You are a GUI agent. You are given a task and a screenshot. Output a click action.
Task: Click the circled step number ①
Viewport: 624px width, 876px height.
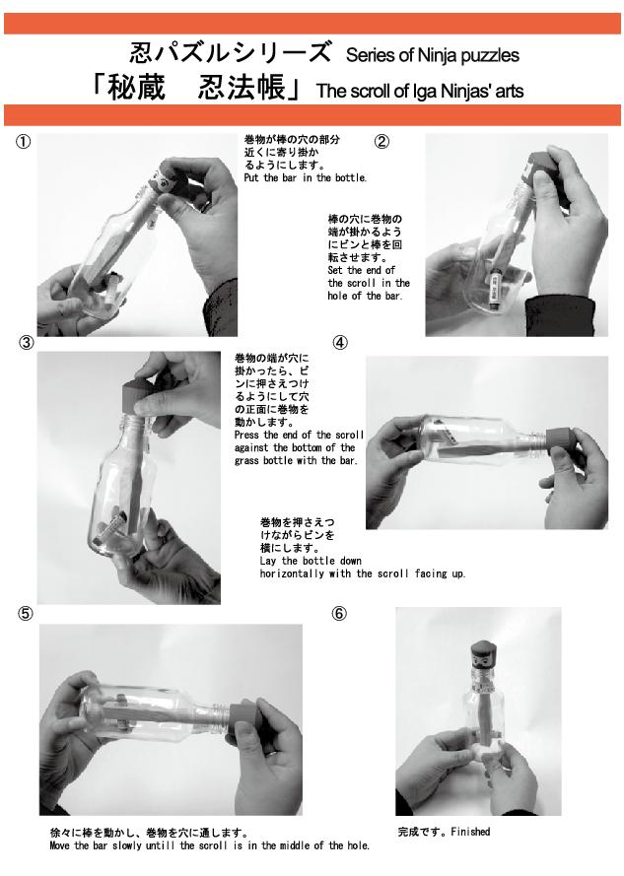click(23, 142)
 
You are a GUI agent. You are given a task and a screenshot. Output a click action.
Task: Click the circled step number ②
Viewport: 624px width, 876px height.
click(381, 142)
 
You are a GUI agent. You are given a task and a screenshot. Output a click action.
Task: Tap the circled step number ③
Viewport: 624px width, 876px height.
click(27, 343)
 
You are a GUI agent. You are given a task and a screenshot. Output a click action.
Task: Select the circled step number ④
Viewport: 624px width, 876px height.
click(340, 343)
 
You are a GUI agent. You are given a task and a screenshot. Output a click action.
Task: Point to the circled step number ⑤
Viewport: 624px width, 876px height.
click(26, 614)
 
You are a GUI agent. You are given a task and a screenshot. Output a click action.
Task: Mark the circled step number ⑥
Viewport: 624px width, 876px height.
click(339, 614)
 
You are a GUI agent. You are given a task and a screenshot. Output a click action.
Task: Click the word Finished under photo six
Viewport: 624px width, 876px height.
click(470, 832)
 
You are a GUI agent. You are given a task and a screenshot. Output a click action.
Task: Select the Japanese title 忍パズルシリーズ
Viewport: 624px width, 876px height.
click(231, 52)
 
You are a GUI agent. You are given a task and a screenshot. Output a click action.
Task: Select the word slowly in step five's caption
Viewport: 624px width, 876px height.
click(127, 845)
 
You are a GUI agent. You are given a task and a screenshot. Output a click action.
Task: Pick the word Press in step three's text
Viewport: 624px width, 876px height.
click(247, 435)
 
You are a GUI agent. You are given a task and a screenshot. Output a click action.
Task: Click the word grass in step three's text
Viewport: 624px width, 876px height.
click(247, 461)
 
